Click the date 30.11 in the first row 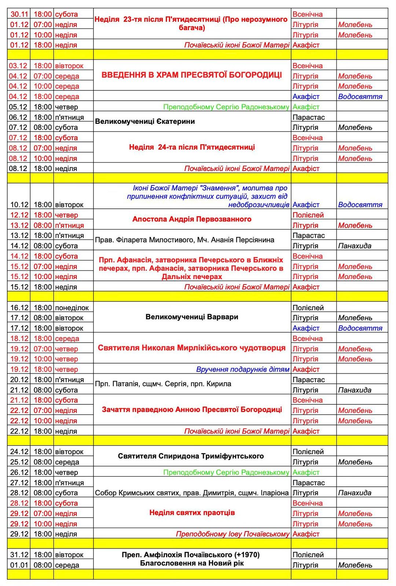19,14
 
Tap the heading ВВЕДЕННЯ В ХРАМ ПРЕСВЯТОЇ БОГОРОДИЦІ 192,75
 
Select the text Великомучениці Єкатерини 145,122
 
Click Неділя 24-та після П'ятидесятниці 192,147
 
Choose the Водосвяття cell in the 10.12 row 360,205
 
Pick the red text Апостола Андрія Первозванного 192,219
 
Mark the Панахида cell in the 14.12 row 354,246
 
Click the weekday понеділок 72,308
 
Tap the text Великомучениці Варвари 192,317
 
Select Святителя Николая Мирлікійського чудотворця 192,348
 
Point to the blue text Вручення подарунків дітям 242,369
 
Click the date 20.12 19,380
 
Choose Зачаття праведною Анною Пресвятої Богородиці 192,409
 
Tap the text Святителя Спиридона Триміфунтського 191,456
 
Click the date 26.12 19,472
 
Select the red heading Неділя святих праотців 192,512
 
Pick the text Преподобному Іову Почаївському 232,534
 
